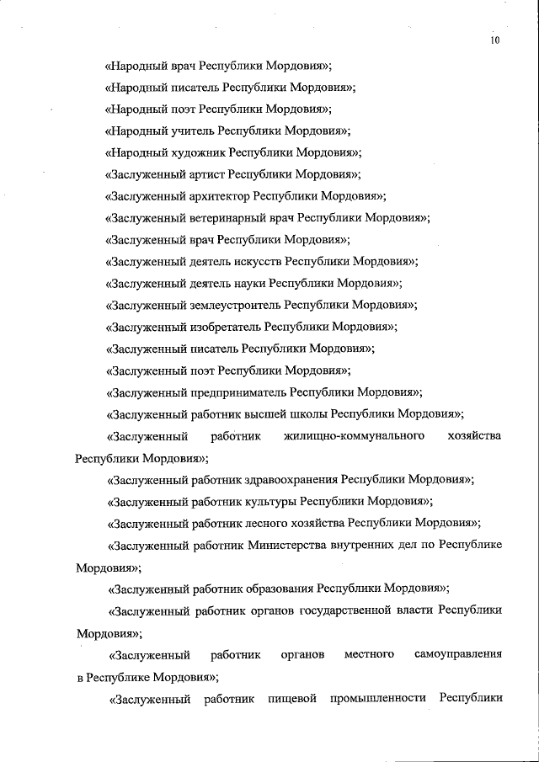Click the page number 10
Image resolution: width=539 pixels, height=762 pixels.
pos(494,40)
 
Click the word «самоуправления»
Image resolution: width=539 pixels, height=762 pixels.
pos(458,654)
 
